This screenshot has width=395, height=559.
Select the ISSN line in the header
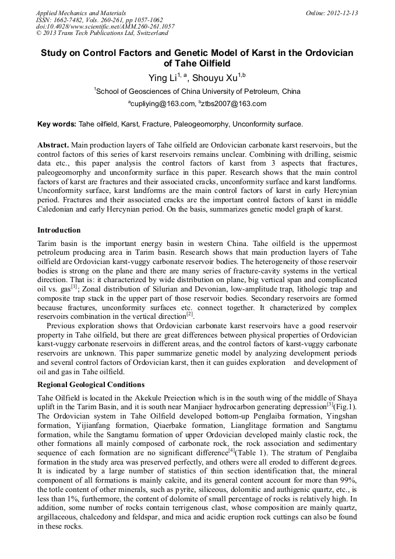(90, 20)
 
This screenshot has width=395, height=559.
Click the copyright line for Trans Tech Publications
(102, 33)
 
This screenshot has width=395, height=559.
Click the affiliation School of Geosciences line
(198, 92)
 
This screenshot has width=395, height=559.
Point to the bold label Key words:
(57, 124)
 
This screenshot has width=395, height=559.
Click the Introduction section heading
(59, 230)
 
